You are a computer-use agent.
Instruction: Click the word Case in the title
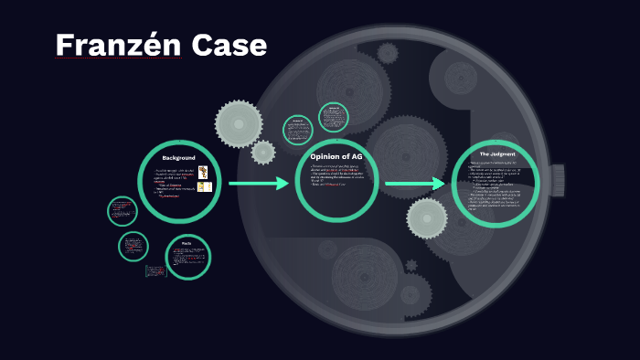pos(229,45)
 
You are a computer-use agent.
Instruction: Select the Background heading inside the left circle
pos(178,158)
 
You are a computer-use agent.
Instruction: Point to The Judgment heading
pos(496,154)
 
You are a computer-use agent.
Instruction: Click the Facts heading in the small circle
pos(186,243)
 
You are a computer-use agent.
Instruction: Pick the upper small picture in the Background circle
pos(203,172)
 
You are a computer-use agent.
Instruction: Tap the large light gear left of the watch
pos(239,123)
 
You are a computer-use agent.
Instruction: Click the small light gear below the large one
pos(263,152)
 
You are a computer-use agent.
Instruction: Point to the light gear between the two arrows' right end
pos(427,218)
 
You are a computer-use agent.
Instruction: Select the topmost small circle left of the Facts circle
pos(122,212)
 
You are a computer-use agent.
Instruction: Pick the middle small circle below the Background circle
pos(133,246)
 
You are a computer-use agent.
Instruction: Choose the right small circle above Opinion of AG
pos(334,117)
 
